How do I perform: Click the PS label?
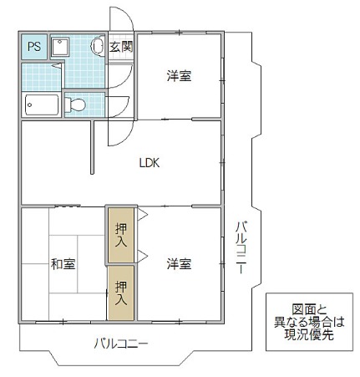tap(33, 47)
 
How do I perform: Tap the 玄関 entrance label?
tap(121, 47)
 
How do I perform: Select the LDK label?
tap(149, 163)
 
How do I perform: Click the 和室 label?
tap(63, 264)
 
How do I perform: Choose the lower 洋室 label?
tap(178, 264)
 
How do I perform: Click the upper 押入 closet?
tap(120, 236)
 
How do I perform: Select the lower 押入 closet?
tap(120, 292)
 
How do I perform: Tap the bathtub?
tap(41, 104)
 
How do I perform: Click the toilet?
tap(76, 105)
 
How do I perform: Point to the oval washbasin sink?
tap(97, 48)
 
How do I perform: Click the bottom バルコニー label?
tap(120, 344)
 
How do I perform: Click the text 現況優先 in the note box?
tap(307, 334)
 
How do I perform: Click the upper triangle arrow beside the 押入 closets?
tap(143, 217)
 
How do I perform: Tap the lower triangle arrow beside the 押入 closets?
tap(143, 253)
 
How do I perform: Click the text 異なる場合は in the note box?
tap(307, 320)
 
